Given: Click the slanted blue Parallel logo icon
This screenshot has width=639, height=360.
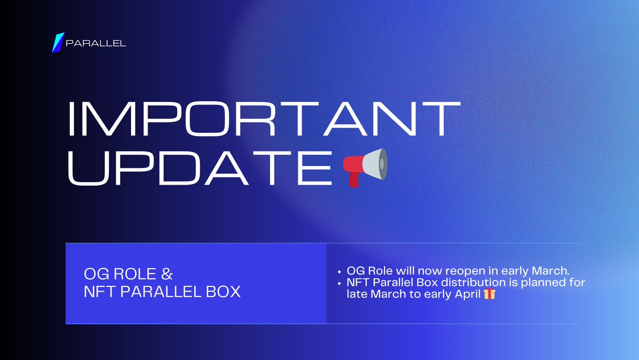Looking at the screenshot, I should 58,43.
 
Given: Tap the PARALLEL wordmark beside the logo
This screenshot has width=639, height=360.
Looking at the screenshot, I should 96,43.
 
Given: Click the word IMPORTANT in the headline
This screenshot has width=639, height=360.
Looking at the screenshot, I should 262,118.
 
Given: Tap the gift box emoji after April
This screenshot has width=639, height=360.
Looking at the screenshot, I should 489,293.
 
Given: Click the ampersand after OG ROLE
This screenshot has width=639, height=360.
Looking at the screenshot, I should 167,275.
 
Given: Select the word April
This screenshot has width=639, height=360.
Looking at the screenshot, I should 467,293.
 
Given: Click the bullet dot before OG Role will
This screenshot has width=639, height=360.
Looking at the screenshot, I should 340,271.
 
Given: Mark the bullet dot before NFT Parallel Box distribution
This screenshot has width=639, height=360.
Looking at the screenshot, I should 340,282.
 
